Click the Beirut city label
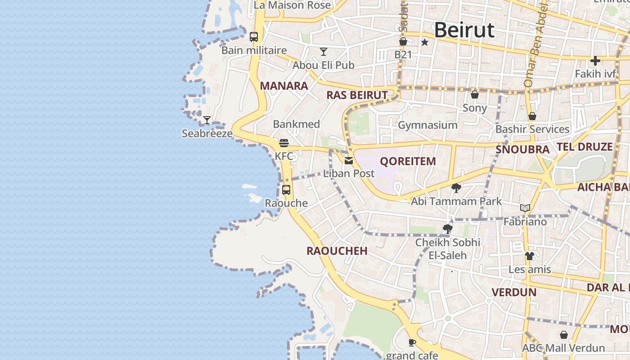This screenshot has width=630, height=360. click(464, 30)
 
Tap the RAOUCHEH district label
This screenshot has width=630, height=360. click(337, 251)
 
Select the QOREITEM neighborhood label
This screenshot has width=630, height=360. click(408, 161)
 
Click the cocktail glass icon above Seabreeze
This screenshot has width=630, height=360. click(207, 120)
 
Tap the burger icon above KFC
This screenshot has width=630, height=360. click(284, 143)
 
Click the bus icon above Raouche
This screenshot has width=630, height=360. click(286, 189)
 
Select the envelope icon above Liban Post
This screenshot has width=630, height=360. click(349, 160)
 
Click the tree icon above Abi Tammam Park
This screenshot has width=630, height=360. click(456, 188)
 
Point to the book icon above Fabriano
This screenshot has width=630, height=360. click(525, 208)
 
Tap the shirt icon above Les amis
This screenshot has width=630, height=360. click(529, 256)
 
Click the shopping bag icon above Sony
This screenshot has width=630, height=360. click(474, 94)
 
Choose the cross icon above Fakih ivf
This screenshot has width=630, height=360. click(595, 60)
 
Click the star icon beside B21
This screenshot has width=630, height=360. click(424, 42)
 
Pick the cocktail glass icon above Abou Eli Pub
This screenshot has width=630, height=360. click(323, 51)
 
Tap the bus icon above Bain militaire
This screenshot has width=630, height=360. click(254, 37)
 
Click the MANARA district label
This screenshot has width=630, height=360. click(284, 86)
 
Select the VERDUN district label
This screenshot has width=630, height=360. click(514, 292)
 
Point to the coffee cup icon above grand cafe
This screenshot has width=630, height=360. click(412, 343)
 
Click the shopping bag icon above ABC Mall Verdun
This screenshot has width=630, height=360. click(563, 335)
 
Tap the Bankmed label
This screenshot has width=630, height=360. click(297, 124)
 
